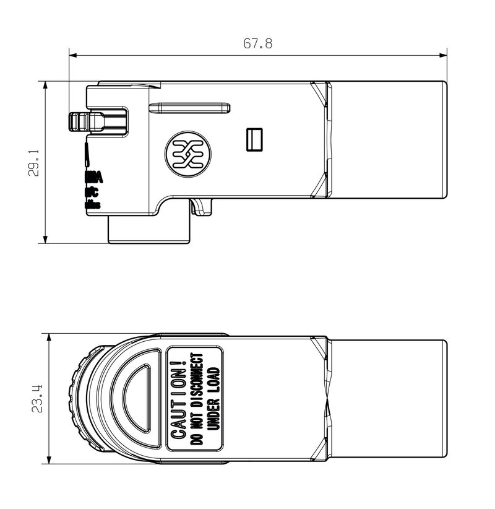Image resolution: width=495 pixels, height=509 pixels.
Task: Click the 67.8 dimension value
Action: (257, 44)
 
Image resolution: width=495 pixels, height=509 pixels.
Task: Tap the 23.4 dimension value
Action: (37, 398)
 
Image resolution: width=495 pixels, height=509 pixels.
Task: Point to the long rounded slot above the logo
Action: (189, 108)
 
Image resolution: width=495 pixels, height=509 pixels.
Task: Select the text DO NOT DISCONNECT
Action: (197, 399)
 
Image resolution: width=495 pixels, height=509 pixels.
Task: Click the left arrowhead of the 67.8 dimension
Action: (72, 56)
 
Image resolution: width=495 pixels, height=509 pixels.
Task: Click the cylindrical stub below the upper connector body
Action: (150, 230)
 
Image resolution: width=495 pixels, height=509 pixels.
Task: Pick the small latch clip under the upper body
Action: (202, 207)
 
